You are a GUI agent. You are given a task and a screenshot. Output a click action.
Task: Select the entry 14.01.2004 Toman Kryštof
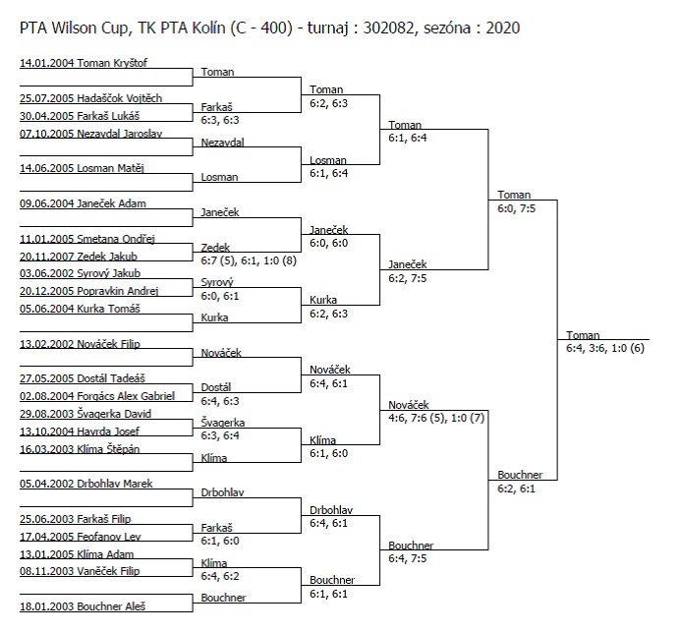pos(84,63)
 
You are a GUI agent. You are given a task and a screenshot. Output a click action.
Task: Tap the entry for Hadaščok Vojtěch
pos(90,98)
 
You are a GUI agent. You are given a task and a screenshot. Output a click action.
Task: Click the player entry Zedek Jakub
pos(79,257)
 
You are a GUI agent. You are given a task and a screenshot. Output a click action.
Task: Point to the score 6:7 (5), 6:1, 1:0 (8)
pos(249,260)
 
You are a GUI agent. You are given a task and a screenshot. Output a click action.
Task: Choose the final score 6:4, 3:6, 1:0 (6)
pos(605,348)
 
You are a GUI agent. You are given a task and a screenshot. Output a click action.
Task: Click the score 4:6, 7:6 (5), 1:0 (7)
pos(436,418)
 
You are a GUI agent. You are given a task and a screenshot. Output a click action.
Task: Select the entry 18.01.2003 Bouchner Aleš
pos(83,606)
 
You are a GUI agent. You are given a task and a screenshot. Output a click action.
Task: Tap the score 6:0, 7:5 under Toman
pos(516,208)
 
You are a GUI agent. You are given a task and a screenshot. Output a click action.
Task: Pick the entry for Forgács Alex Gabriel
pos(97,396)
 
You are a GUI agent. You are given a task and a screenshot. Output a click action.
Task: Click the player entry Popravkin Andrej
pos(88,291)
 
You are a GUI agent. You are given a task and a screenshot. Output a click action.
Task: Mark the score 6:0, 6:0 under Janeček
pos(328,243)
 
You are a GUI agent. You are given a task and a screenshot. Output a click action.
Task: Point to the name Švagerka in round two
pos(222,422)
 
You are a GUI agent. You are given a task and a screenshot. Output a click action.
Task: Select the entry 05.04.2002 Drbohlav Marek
pos(85,484)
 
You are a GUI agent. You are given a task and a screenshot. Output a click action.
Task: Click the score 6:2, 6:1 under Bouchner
pos(516,489)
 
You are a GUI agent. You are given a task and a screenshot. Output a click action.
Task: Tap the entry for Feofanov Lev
pos(81,537)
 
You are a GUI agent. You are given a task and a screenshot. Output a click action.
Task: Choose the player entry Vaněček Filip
pos(80,571)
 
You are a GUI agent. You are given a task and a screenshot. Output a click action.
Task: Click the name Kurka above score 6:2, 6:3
pos(323,300)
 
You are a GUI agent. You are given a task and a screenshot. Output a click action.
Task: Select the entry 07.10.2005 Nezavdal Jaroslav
pos(90,134)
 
